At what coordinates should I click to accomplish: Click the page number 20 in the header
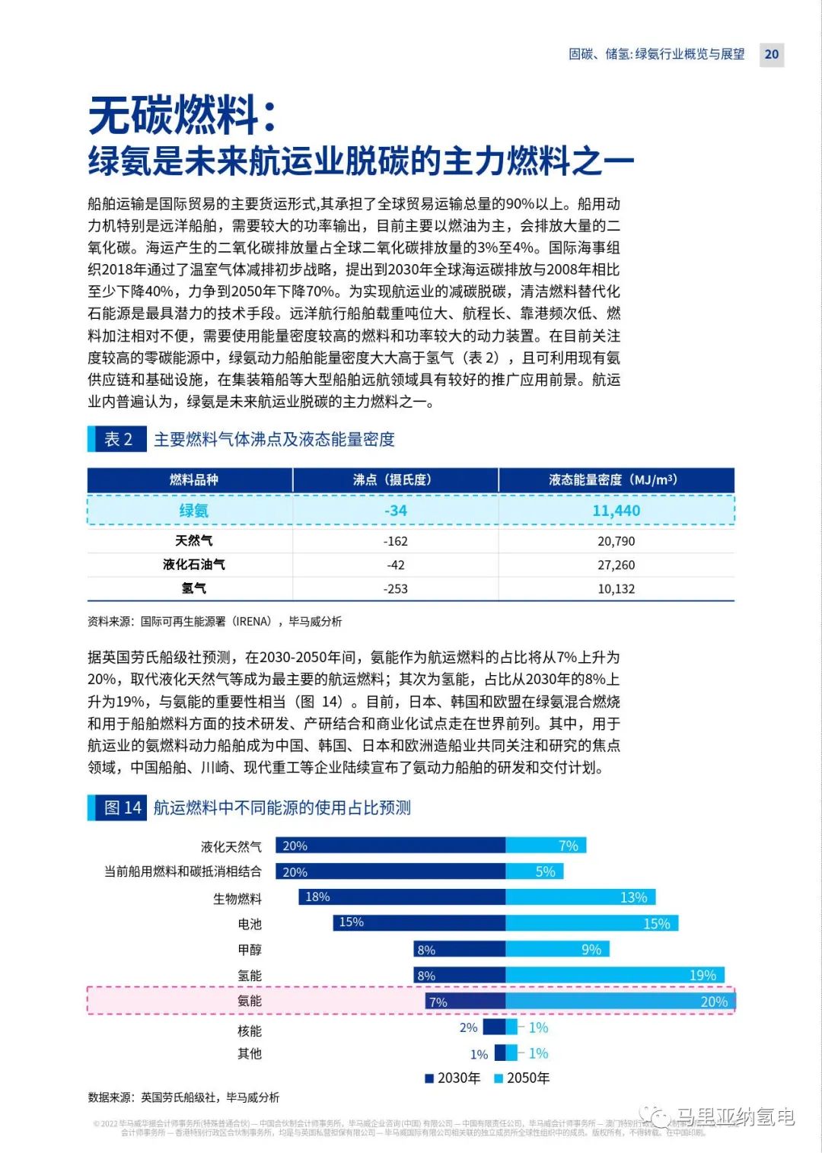pos(771,54)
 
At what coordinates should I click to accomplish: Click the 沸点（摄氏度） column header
pos(395,480)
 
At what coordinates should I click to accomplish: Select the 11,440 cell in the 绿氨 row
pos(616,511)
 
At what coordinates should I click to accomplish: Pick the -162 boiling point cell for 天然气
pos(395,541)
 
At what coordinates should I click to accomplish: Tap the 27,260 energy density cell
pos(616,565)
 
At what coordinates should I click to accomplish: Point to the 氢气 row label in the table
pos(193,588)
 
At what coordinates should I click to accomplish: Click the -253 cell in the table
pos(395,588)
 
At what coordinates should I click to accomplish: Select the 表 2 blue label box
pos(117,439)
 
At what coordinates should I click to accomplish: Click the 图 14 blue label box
pos(117,807)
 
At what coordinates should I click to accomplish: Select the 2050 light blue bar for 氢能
pos(614,975)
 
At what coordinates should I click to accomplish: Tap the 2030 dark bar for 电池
pos(419,922)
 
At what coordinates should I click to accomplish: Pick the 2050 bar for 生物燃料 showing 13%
pos(580,897)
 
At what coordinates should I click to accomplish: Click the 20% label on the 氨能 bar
pos(714,1002)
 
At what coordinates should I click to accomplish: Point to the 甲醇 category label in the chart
pos(250,950)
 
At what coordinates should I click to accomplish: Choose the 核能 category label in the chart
pos(250,1030)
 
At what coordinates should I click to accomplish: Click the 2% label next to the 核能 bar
pos(468,1027)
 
